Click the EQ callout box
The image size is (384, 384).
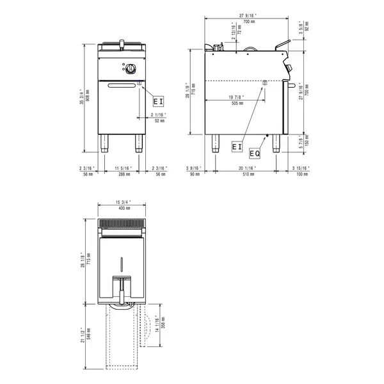click(x=254, y=154)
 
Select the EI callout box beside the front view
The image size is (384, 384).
click(x=158, y=101)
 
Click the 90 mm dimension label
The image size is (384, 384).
click(x=195, y=173)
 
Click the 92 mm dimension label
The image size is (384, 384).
click(x=307, y=28)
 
